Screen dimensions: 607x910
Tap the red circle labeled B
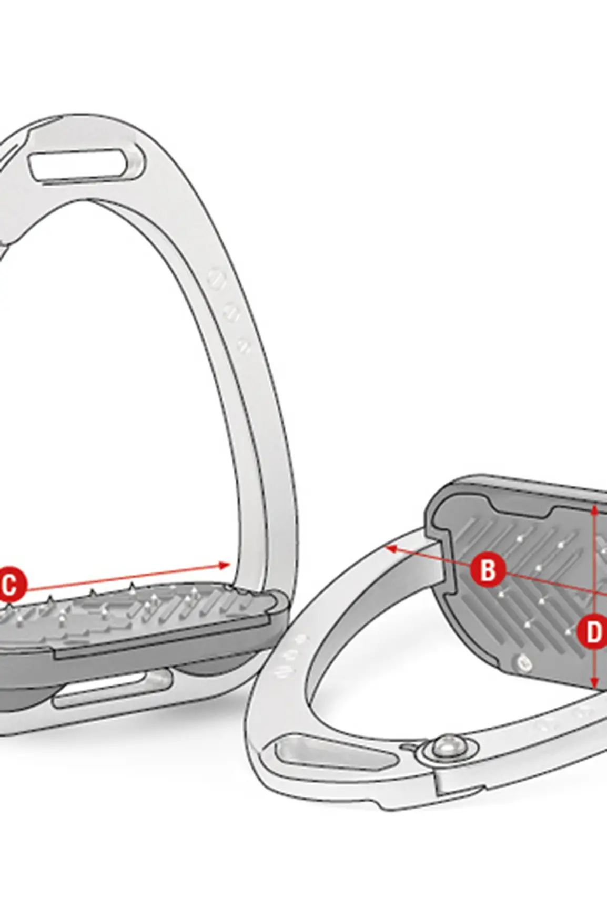488,569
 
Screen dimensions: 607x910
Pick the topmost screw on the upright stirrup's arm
217,277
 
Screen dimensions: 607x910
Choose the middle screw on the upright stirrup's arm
231,313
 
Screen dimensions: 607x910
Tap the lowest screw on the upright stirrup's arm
243,345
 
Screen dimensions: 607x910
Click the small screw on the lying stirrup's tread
523,663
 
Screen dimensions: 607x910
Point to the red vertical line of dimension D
594,597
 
